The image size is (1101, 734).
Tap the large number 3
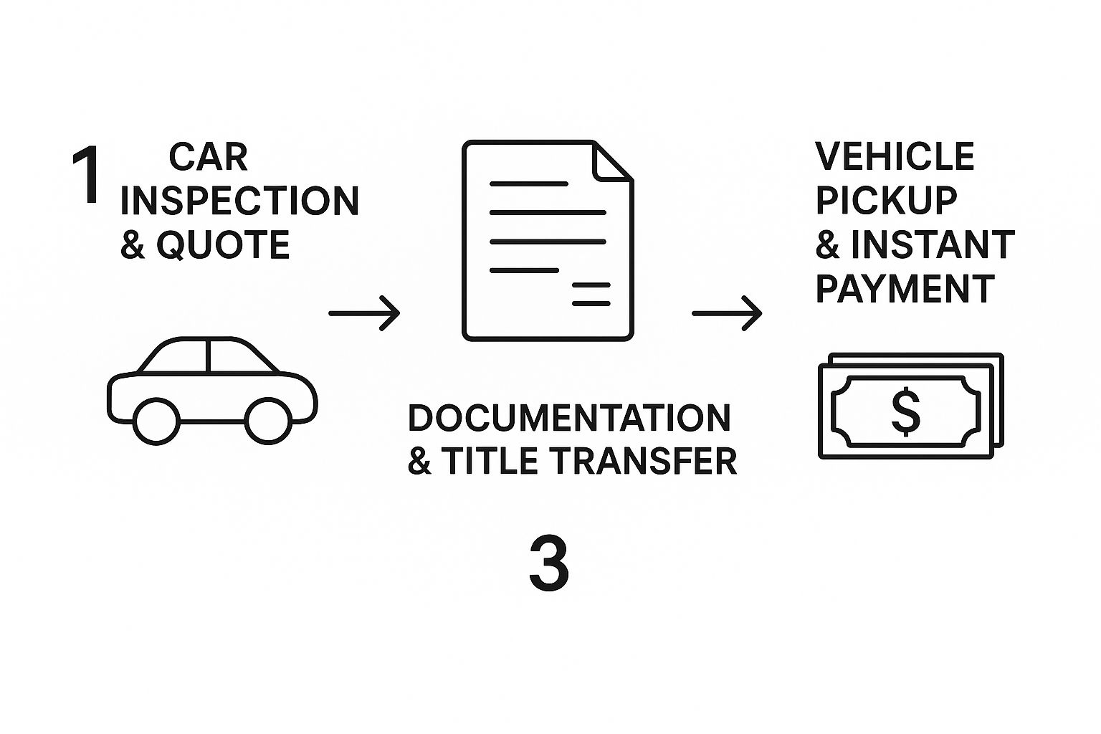pyautogui.click(x=548, y=564)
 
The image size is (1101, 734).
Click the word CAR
pyautogui.click(x=208, y=157)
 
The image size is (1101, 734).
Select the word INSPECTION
pyautogui.click(x=239, y=201)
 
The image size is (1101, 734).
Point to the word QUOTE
pyautogui.click(x=223, y=245)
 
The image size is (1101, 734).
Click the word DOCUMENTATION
pyautogui.click(x=569, y=418)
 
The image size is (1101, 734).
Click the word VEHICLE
pyautogui.click(x=895, y=156)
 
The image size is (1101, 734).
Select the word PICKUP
pyautogui.click(x=886, y=201)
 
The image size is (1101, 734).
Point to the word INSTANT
pyautogui.click(x=933, y=245)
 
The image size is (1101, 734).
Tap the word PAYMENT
pyautogui.click(x=905, y=289)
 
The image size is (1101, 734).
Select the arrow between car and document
pyautogui.click(x=364, y=313)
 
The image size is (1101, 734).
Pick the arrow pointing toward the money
pyautogui.click(x=727, y=313)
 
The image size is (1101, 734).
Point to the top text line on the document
pyautogui.click(x=528, y=184)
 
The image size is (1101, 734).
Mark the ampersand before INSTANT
pyautogui.click(x=827, y=245)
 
